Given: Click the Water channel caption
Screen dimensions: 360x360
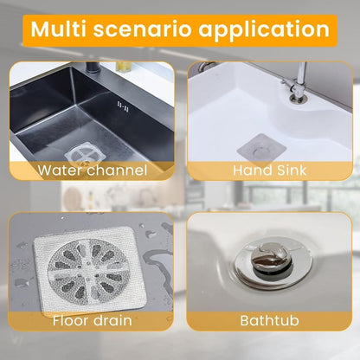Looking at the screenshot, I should (92, 170).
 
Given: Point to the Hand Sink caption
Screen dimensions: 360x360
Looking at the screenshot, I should (269, 170).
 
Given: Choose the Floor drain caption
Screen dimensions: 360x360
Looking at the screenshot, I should (92, 321).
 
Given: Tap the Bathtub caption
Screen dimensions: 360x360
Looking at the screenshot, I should (269, 321).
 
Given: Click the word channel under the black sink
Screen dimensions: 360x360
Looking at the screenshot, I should (116, 170).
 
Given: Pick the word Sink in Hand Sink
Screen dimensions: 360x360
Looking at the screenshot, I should (290, 170).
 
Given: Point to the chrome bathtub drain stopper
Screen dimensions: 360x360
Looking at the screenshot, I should (263, 260).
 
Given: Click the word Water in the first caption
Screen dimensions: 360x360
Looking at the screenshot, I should (59, 170).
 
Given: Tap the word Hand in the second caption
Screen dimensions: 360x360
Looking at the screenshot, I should (249, 170).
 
